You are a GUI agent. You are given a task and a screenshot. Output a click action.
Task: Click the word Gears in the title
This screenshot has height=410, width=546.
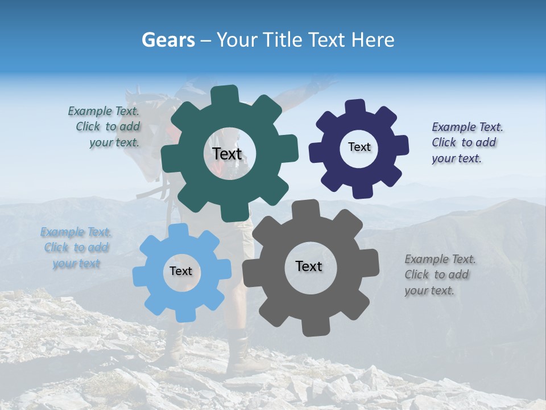coord(168,40)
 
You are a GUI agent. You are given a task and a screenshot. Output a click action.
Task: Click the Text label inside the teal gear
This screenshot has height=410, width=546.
coord(227,154)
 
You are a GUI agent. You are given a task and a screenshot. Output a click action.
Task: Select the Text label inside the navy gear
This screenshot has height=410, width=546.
coord(359,147)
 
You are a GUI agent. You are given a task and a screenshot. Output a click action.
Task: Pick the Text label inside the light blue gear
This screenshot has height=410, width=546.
coord(181,271)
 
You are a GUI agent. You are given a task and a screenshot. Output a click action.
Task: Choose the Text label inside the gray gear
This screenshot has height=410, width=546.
coord(309,266)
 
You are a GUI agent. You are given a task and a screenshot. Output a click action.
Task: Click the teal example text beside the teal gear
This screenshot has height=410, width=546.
coord(104,127)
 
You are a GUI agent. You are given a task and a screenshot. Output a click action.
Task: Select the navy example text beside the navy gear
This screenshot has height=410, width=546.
coord(467,142)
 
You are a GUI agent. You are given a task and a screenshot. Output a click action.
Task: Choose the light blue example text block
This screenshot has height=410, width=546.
coord(76,248)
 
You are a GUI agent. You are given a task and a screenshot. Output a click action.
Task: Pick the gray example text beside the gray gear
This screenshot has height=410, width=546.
coord(440,274)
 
